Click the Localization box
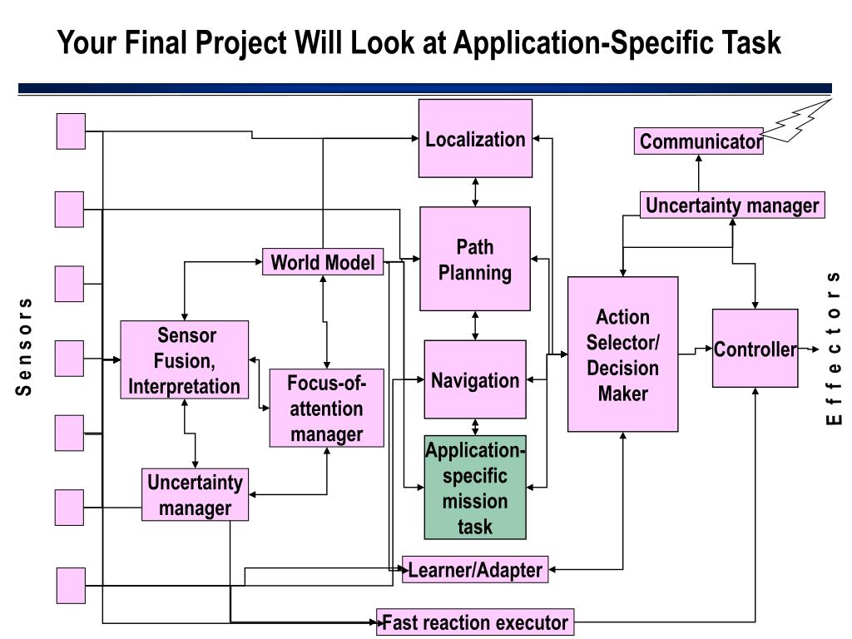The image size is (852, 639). (475, 139)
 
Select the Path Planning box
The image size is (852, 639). (475, 259)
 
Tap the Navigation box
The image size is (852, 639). (475, 379)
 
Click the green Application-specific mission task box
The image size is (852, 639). (475, 488)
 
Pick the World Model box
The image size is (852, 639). (323, 263)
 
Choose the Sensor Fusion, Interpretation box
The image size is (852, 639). (185, 359)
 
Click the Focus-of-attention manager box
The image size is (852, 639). (327, 408)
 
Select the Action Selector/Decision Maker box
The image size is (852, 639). (622, 354)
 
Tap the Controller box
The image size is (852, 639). (755, 349)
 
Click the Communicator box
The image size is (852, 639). (698, 141)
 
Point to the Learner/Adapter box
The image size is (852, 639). (475, 570)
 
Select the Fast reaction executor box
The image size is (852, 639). (475, 622)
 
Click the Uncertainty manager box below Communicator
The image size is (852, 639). (732, 205)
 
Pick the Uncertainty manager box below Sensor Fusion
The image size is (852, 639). (195, 495)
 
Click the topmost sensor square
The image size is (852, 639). (71, 131)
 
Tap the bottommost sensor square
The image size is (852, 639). (71, 585)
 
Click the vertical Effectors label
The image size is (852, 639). (833, 348)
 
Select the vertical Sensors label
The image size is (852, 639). (25, 346)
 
